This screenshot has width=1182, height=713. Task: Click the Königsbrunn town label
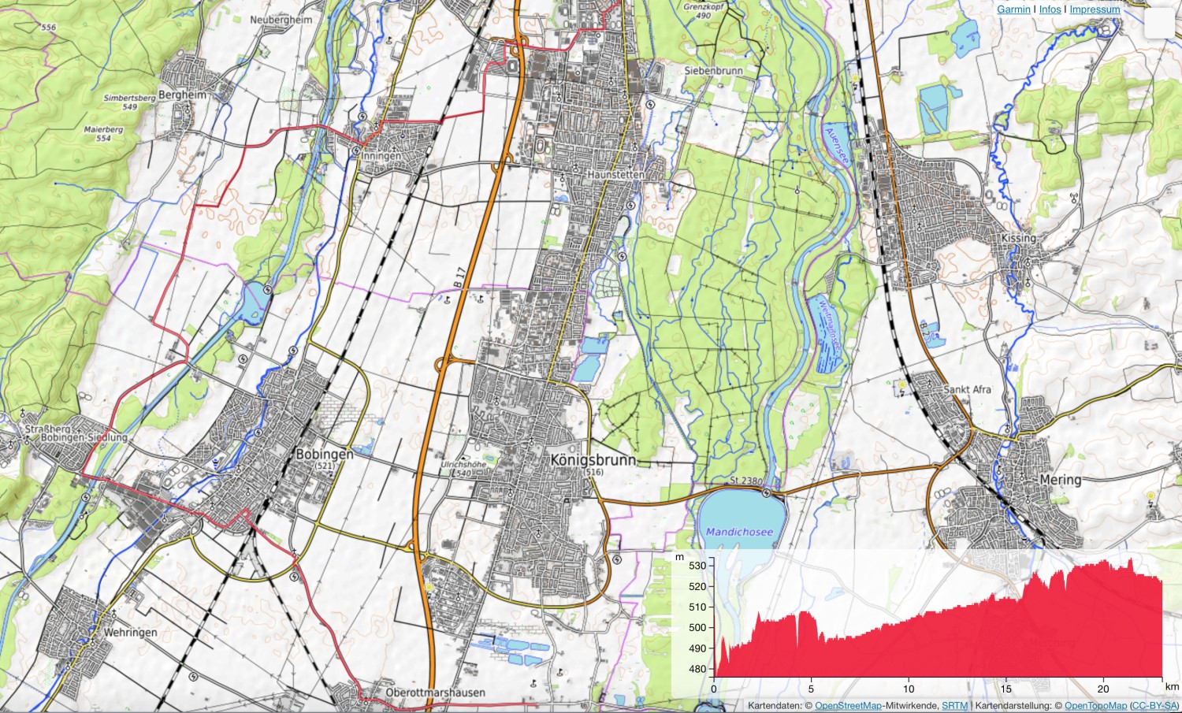click(x=593, y=460)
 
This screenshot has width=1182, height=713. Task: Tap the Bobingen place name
click(x=324, y=455)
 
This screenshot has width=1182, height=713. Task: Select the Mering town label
click(x=1061, y=480)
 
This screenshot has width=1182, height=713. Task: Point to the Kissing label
click(x=1018, y=238)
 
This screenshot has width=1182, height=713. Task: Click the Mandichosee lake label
click(x=739, y=532)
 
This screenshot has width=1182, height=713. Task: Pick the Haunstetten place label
click(x=615, y=174)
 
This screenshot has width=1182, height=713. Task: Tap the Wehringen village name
click(x=130, y=633)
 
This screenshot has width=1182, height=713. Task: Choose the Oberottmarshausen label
click(x=435, y=693)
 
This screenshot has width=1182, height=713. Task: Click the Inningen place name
click(x=381, y=156)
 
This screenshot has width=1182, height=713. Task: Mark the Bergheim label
click(x=182, y=95)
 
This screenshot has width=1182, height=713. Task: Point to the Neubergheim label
click(x=281, y=20)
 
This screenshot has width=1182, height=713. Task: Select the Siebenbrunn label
click(x=713, y=71)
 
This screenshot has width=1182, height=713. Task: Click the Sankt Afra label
click(x=967, y=390)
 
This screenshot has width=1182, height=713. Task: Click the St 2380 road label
click(x=745, y=481)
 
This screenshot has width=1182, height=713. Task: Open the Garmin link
click(x=1013, y=9)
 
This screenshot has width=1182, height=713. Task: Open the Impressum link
click(x=1095, y=9)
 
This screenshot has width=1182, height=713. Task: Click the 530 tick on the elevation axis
click(x=697, y=566)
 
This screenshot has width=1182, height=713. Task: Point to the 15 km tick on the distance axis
click(x=1005, y=689)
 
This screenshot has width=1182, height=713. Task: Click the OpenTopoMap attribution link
click(x=1095, y=706)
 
